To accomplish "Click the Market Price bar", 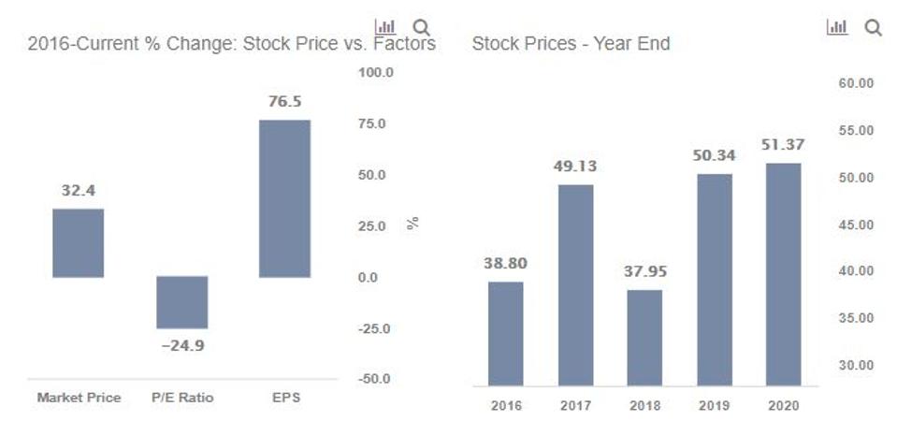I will pyautogui.click(x=79, y=243).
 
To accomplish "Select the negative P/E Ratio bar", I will pyautogui.click(x=181, y=302).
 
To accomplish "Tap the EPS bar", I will pyautogui.click(x=284, y=198).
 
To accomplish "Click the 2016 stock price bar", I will pyautogui.click(x=506, y=333).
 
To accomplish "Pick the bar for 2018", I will pyautogui.click(x=644, y=337).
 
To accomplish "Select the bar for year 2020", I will pyautogui.click(x=783, y=274).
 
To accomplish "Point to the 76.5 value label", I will pyautogui.click(x=284, y=102).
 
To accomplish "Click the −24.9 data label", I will pyautogui.click(x=181, y=345).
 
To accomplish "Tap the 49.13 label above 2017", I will pyautogui.click(x=575, y=167).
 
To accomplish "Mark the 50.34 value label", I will pyautogui.click(x=714, y=155).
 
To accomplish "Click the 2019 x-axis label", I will pyautogui.click(x=714, y=406).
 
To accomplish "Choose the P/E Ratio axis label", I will pyautogui.click(x=181, y=398).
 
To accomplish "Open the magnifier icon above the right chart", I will pyautogui.click(x=873, y=28).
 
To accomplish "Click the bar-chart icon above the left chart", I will pyautogui.click(x=384, y=27).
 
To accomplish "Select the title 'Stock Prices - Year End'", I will pyautogui.click(x=571, y=44).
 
